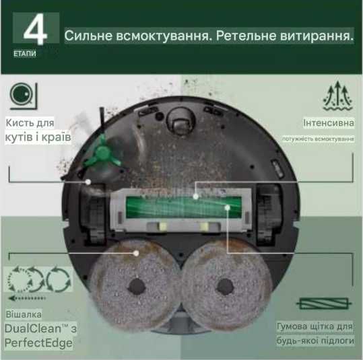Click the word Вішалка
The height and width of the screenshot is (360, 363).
coord(24,314)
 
